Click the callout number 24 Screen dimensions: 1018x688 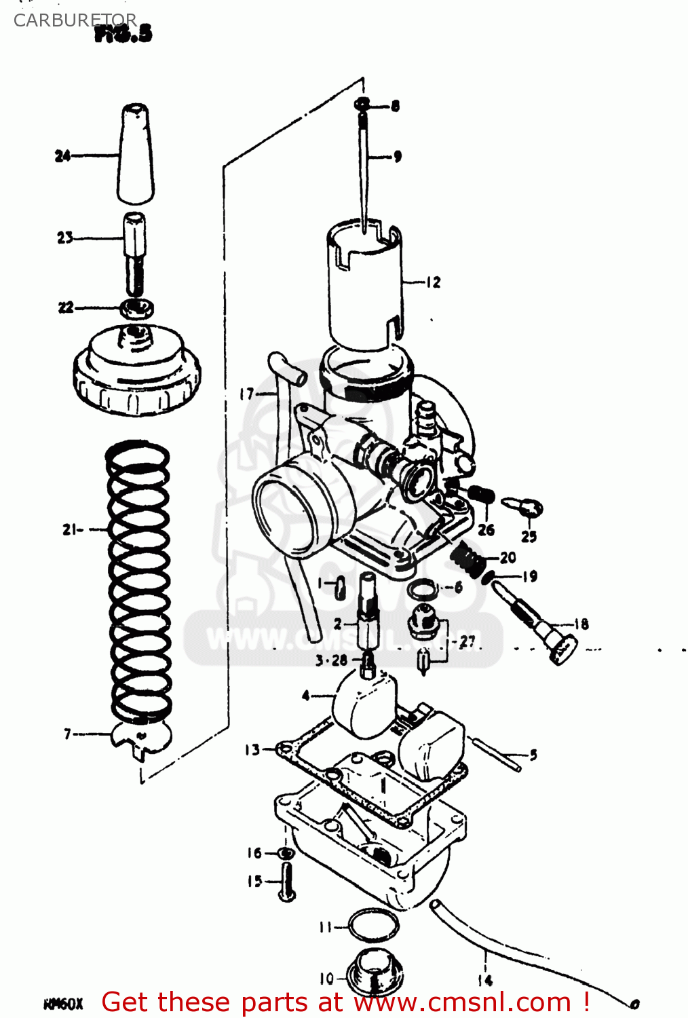(62, 156)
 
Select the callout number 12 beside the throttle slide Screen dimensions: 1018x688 (433, 282)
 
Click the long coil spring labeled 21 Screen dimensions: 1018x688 (138, 577)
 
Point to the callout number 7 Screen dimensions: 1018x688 (67, 734)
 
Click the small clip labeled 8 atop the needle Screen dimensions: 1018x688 (363, 105)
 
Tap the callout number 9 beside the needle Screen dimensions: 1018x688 (398, 157)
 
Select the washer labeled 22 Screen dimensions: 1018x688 (137, 309)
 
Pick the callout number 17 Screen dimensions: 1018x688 (246, 394)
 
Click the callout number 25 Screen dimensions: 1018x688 (529, 536)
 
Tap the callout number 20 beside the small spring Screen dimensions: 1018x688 (508, 558)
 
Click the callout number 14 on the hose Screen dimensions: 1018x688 (484, 980)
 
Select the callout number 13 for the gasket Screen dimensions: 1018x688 (252, 749)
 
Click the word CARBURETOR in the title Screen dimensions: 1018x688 (75, 20)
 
